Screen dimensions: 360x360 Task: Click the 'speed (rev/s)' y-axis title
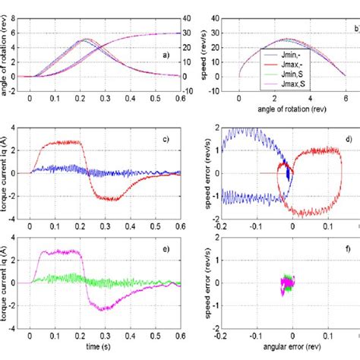pos(203,47)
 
